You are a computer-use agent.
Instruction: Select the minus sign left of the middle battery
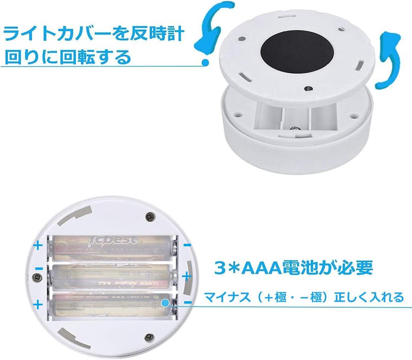(39, 269)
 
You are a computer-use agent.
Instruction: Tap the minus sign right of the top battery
(187, 244)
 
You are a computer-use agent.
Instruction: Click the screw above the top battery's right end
(150, 217)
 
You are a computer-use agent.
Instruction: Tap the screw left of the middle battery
(38, 277)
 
